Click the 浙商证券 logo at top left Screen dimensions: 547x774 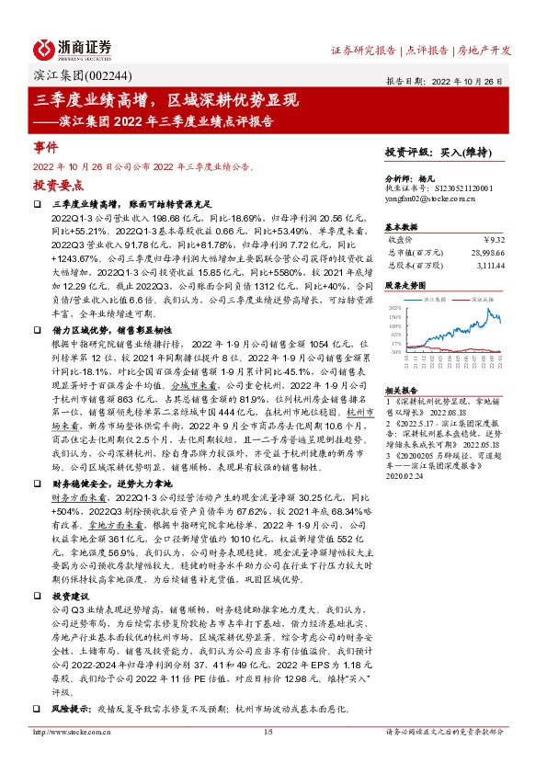click(72, 48)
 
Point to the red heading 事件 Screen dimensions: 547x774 click(46, 147)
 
